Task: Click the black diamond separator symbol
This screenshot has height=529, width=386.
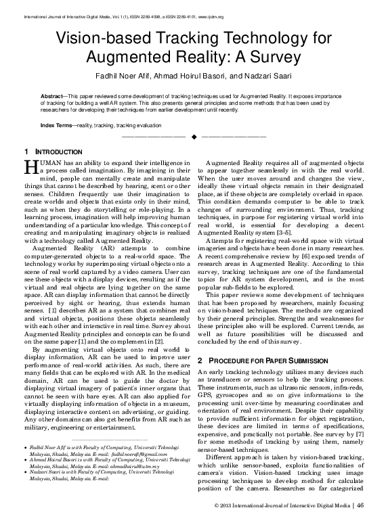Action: (194, 137)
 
